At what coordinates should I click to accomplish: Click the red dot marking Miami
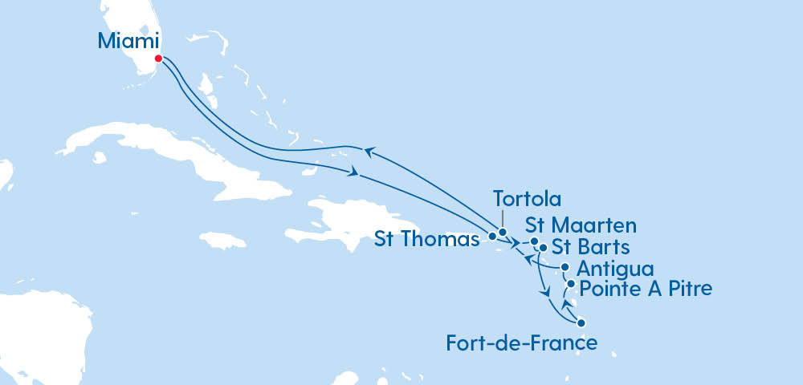point(158,59)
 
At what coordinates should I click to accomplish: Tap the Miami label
point(128,41)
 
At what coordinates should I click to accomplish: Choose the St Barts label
point(590,245)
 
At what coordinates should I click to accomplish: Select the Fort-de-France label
point(521,343)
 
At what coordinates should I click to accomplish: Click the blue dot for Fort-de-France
point(581,323)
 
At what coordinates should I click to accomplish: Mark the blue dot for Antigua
point(565,267)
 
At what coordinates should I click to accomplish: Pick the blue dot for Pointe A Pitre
point(571,284)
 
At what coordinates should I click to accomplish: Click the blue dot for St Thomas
point(492,237)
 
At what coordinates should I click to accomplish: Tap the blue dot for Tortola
point(503,233)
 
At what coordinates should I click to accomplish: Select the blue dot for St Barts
point(544,248)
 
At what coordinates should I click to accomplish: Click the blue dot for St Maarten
point(535,241)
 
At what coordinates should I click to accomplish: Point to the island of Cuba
point(161,152)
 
